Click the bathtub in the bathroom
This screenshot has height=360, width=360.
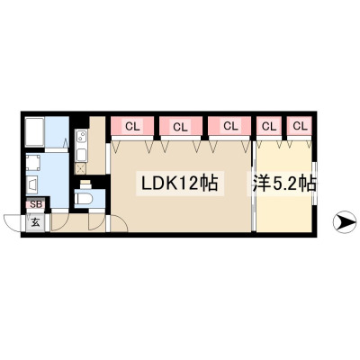(35, 132)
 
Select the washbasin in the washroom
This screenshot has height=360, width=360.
(32, 185)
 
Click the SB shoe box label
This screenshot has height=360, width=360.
(36, 205)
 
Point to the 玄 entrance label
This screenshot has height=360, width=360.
(35, 222)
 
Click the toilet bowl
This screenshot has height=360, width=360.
(85, 198)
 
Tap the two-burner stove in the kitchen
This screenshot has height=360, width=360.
(81, 138)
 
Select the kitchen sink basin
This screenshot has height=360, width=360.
(81, 156)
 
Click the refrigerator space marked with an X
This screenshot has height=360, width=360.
(81, 169)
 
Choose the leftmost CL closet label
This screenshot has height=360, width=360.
(132, 127)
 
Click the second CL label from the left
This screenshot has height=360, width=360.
(180, 127)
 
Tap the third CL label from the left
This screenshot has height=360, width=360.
(230, 126)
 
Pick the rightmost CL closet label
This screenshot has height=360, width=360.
(301, 126)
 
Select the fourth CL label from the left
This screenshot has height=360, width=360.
(269, 126)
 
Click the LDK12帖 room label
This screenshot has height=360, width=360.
(180, 184)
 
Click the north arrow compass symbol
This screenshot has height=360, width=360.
(345, 222)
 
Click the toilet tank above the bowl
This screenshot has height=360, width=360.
(85, 184)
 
